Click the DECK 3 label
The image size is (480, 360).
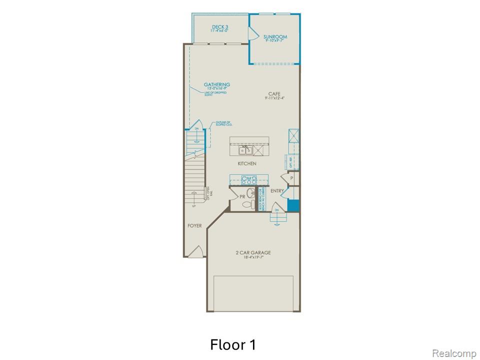220,27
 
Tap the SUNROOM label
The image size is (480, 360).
275,36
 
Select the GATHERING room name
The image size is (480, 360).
217,84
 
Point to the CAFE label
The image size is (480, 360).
274,93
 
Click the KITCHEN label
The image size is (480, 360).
247,163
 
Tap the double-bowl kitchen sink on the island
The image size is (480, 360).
245,150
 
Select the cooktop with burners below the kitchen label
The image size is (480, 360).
248,180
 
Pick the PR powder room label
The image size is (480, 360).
242,197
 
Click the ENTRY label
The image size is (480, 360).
277,191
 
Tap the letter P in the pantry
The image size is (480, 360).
291,178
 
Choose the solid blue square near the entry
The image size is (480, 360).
293,205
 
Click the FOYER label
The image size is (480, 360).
194,225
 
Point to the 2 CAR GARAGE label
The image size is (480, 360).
253,252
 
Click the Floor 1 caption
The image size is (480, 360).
233,344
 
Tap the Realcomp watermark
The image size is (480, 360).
454,353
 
